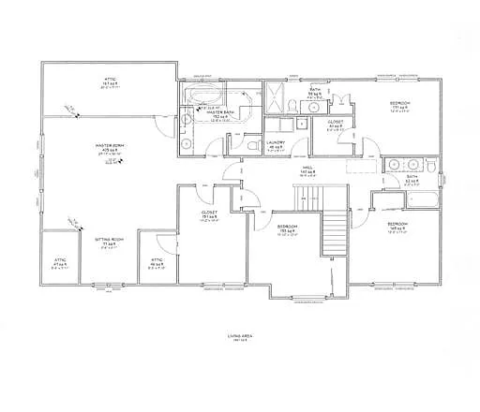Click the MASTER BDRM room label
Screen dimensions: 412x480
point(110,146)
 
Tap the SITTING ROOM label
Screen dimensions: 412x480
point(110,240)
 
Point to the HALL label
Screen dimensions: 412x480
point(306,171)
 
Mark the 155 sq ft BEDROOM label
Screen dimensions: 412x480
point(286,227)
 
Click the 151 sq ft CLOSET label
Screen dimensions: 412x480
point(209,213)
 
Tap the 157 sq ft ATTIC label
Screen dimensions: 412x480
point(107,81)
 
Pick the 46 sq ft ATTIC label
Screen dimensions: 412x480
point(157,263)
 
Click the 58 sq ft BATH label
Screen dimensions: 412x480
point(316,93)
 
